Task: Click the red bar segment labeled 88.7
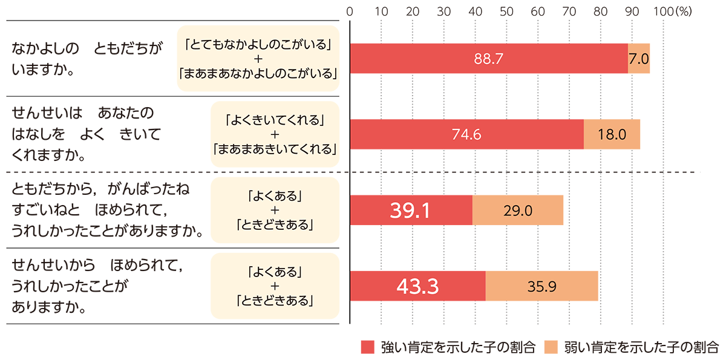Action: pos(489,59)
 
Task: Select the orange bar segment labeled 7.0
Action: pos(639,59)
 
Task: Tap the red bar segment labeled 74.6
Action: pos(466,134)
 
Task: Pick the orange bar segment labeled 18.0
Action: pos(612,134)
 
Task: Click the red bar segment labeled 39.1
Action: pos(411,210)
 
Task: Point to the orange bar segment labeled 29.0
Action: pos(517,210)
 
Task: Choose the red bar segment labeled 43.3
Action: pos(417,286)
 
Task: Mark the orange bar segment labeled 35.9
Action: pos(541,286)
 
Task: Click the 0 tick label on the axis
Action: pos(350,11)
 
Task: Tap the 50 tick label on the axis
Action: pos(506,11)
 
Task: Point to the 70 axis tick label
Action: pos(569,11)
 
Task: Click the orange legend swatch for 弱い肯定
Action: pos(551,347)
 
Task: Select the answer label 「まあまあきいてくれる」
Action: pos(275,149)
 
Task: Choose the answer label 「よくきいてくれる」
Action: pos(275,120)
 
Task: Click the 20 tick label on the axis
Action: pos(413,11)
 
